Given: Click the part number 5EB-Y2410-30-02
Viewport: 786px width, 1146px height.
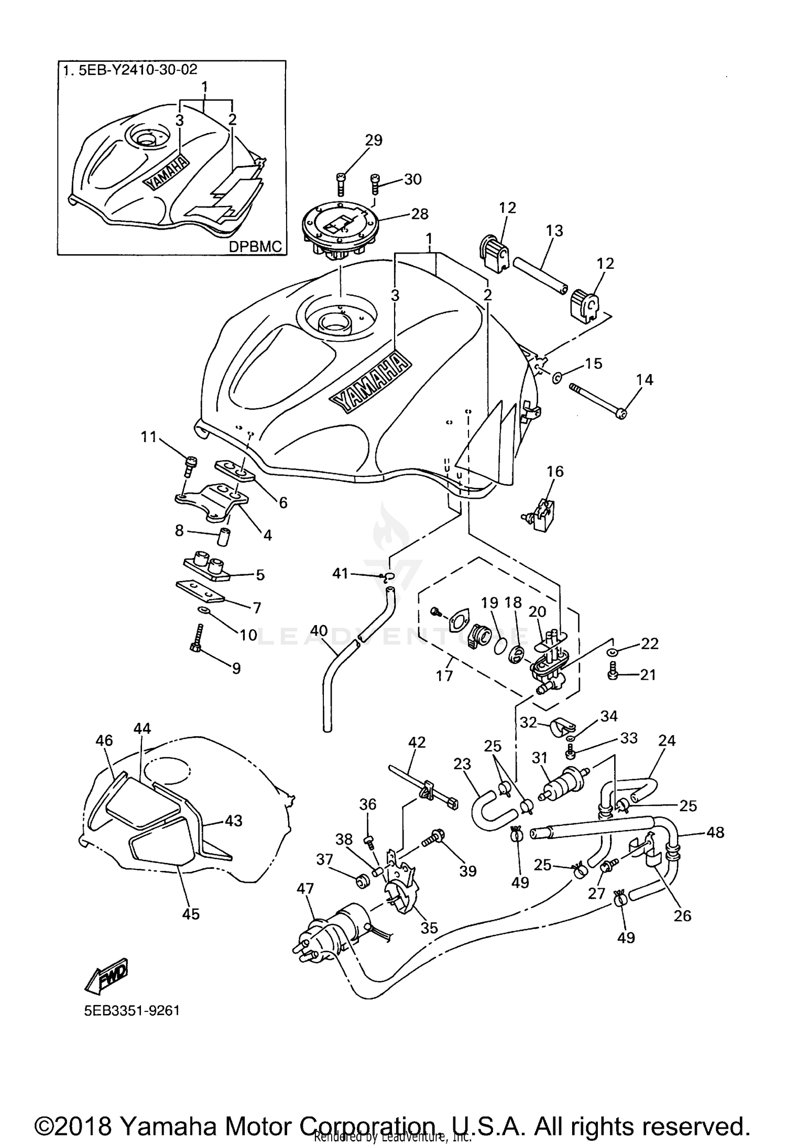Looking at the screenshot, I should click(x=138, y=70).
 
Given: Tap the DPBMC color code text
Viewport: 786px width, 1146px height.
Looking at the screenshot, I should click(x=255, y=246).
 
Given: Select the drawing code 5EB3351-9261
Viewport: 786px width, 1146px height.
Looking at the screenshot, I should click(x=132, y=1010).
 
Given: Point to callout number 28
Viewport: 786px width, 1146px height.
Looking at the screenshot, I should click(x=420, y=214).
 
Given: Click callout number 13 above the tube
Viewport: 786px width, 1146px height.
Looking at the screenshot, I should click(x=554, y=231).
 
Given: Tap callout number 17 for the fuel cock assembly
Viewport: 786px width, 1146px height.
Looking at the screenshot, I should click(x=444, y=676).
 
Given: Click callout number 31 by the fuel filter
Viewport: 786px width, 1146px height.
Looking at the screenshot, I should click(x=540, y=758).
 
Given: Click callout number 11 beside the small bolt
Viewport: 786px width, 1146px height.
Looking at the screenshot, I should click(x=149, y=436).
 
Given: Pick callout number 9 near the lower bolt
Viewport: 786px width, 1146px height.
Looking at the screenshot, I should click(x=236, y=668).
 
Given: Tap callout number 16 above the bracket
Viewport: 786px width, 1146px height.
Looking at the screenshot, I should click(x=555, y=472).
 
